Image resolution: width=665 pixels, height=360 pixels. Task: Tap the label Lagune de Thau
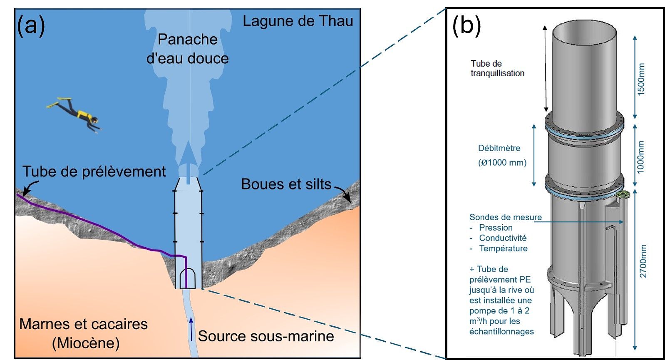pos(298,21)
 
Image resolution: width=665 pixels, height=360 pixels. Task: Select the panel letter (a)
pos(31,25)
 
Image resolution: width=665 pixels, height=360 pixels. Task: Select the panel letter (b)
pos(466,25)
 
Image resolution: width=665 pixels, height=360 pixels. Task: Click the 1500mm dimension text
pos(641,79)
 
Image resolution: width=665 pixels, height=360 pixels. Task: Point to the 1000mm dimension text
pos(641,157)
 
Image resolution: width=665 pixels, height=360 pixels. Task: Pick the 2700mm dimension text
pos(643,261)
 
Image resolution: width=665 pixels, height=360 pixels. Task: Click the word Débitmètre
pos(499,148)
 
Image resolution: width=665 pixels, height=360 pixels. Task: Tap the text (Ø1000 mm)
pos(502,163)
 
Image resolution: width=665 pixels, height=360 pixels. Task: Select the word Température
pos(503,248)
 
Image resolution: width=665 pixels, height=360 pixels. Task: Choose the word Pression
pos(496,228)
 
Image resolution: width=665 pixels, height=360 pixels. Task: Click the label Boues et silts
pos(286,184)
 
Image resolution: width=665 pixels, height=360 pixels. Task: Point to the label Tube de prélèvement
pos(94,171)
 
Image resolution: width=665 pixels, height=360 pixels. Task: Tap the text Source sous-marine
pos(266,336)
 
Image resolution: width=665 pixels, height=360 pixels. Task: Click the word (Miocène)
pos(86,343)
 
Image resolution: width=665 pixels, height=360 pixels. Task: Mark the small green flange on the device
pos(623,195)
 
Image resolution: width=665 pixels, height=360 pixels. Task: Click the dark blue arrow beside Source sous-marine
pos(191,329)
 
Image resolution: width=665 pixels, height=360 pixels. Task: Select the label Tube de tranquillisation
pos(497,68)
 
